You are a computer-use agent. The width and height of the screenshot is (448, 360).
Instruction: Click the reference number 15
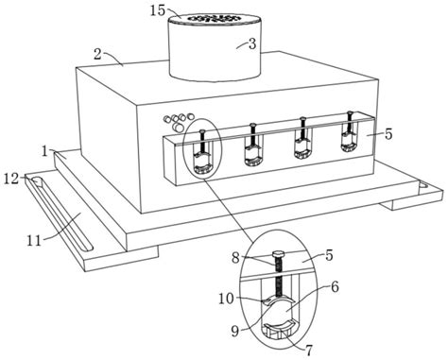(x=157, y=10)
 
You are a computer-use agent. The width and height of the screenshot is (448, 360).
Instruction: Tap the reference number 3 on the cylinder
(x=252, y=44)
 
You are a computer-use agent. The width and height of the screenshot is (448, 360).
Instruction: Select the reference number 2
(x=97, y=54)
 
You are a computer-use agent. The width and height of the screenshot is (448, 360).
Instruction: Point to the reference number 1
(x=45, y=151)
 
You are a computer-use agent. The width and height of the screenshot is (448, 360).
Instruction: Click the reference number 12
(x=11, y=179)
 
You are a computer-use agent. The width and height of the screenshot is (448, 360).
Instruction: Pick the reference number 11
(x=34, y=241)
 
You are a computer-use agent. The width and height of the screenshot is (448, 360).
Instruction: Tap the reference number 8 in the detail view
(x=235, y=258)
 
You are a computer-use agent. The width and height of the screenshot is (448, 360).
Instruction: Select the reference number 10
(x=227, y=299)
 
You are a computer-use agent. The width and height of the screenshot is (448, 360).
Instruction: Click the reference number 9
(x=235, y=331)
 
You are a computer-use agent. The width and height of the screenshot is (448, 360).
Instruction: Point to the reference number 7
(x=308, y=350)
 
